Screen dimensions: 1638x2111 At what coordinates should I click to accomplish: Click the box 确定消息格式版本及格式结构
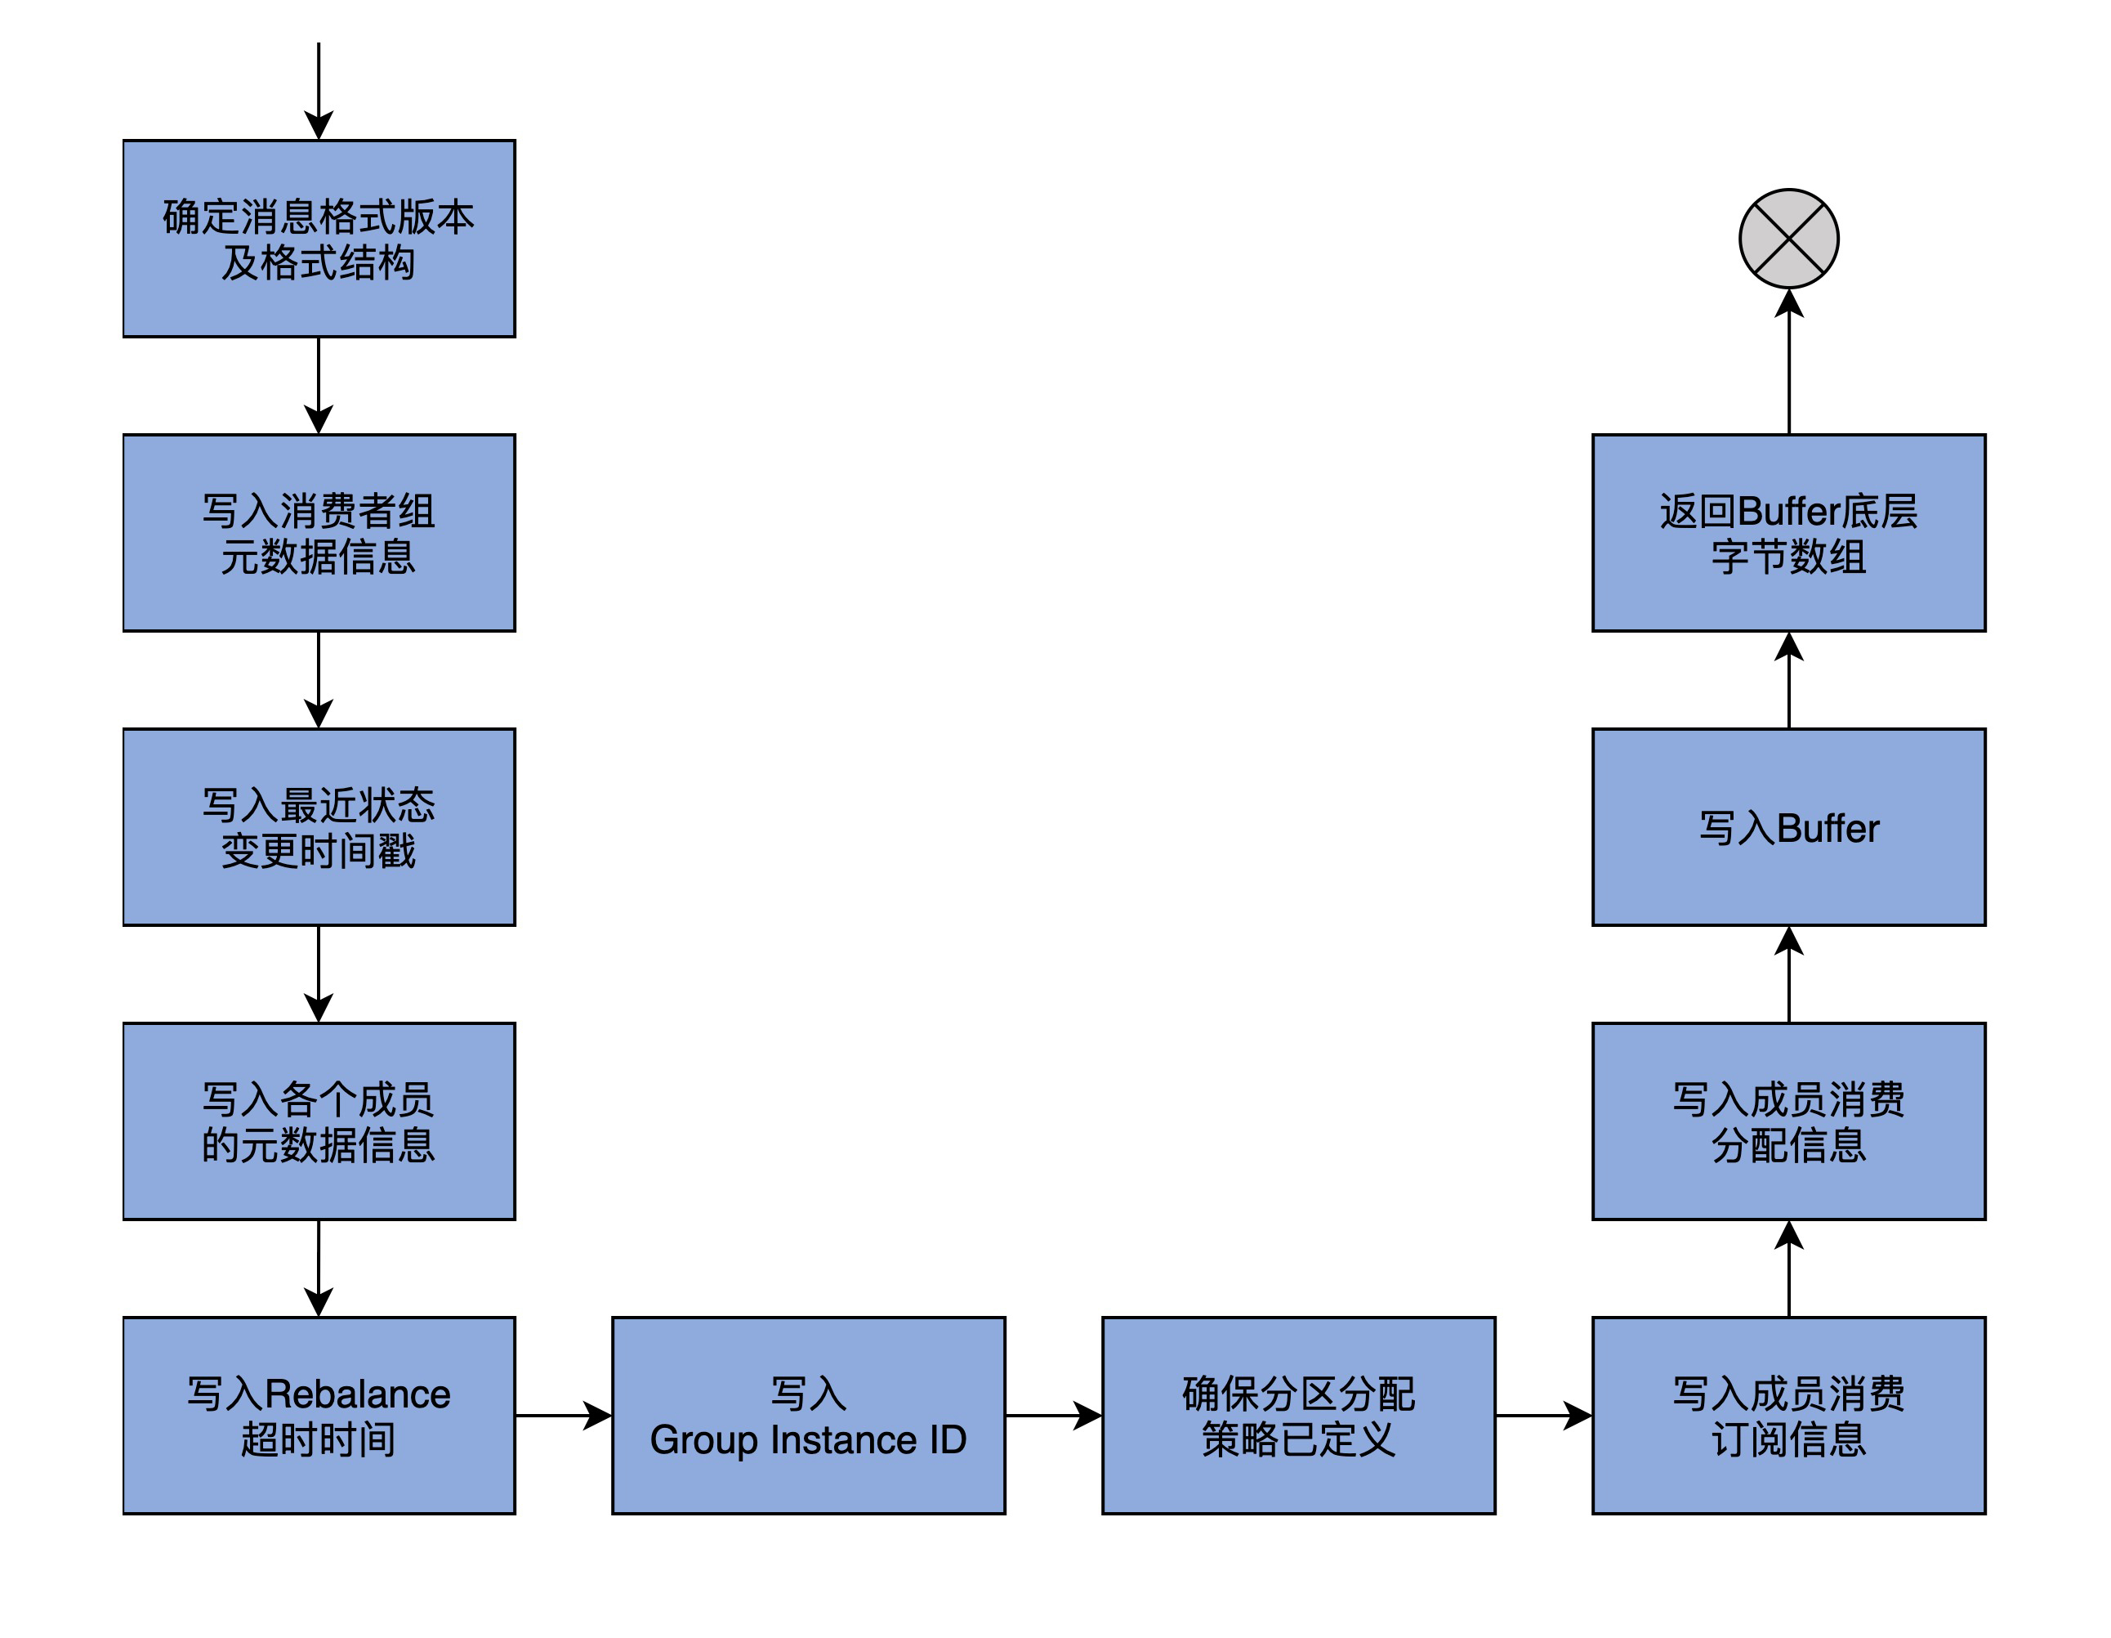point(319,239)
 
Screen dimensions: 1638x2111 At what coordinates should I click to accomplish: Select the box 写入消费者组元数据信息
point(319,533)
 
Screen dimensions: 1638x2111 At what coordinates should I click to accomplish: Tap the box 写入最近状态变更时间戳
point(319,826)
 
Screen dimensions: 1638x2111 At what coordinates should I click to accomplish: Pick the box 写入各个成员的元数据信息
point(319,1121)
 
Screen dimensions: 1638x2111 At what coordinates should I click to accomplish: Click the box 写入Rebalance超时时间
point(319,1415)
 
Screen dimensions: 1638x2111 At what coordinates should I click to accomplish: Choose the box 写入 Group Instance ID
point(808,1415)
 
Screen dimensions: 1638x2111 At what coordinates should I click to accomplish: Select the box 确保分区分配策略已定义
point(1298,1415)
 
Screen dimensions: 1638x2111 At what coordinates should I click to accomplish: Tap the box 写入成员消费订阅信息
point(1788,1415)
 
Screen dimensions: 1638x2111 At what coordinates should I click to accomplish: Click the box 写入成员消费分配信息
point(1788,1121)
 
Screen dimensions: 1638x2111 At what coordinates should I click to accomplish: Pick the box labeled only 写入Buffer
point(1788,826)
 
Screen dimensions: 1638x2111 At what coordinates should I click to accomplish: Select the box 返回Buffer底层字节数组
point(1788,533)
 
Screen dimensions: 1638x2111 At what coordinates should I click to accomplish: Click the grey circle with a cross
point(1788,239)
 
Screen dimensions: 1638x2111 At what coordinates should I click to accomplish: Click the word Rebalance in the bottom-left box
point(358,1394)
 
